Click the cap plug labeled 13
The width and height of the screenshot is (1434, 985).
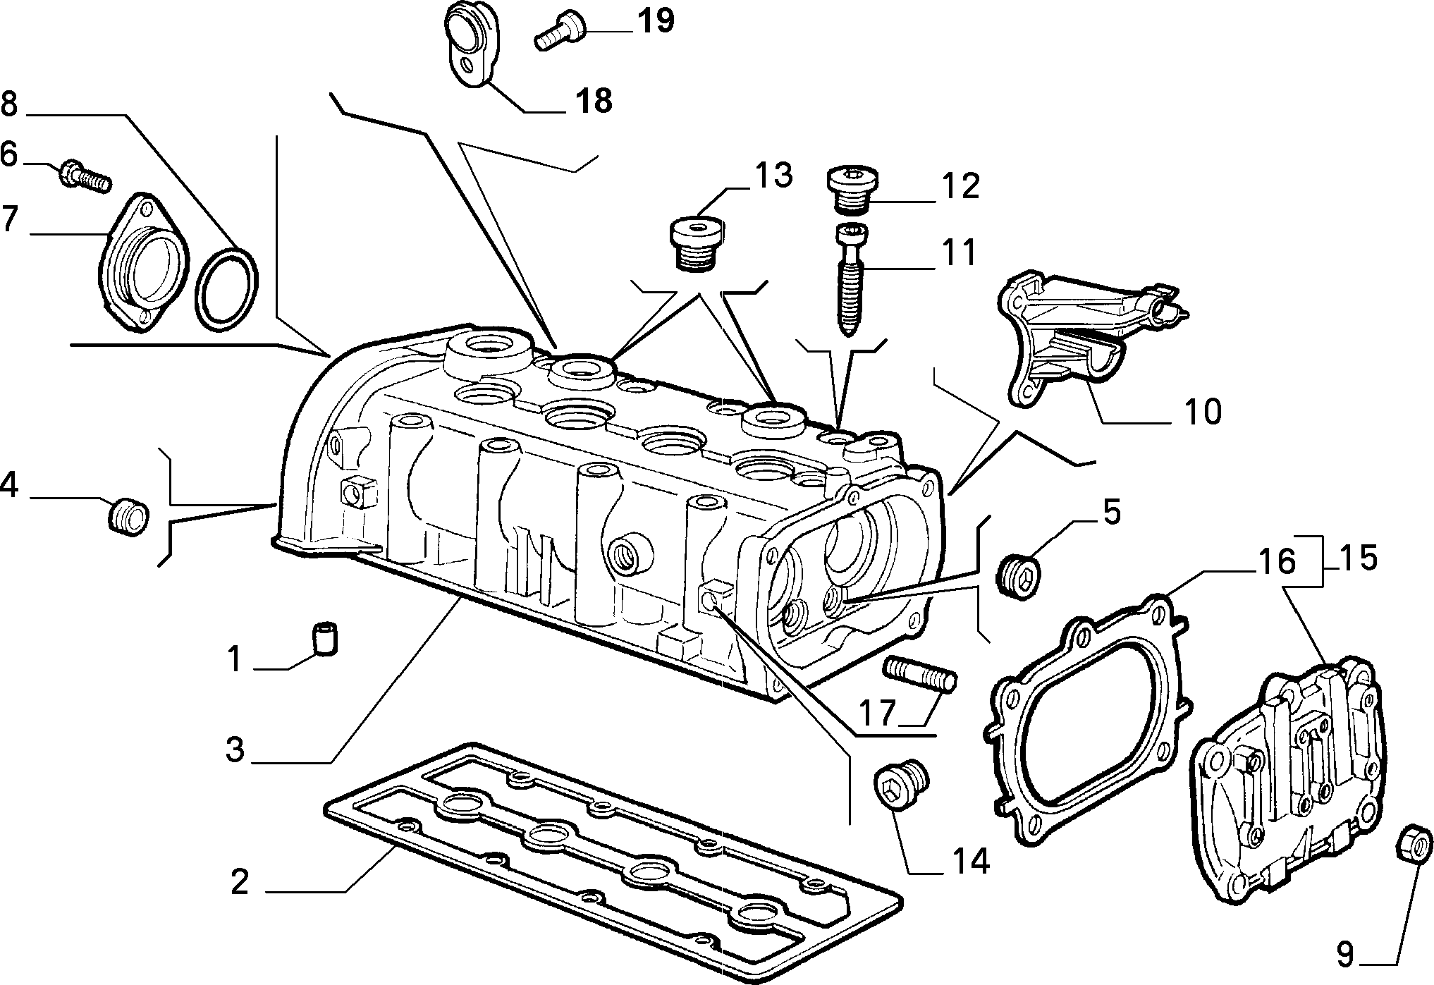tap(695, 243)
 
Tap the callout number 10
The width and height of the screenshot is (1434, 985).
tap(1203, 412)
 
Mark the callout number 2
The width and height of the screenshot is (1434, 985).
tap(240, 881)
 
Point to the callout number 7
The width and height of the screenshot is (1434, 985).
tap(9, 219)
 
